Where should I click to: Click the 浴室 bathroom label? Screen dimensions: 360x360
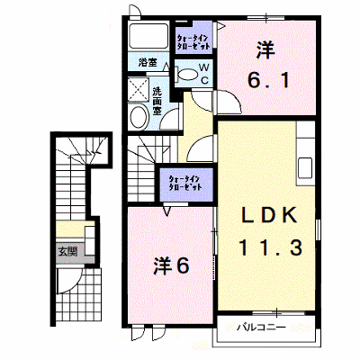[148, 62]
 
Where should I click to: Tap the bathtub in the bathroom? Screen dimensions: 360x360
[148, 35]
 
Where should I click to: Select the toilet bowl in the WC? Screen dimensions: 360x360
[187, 74]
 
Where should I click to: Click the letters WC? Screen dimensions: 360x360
[204, 74]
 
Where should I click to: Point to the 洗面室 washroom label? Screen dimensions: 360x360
[157, 101]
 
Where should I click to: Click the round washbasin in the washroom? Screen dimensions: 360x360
[139, 117]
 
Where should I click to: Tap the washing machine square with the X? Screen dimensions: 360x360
[139, 90]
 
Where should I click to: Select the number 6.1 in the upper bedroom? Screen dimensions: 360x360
[268, 80]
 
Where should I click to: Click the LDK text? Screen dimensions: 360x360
[269, 215]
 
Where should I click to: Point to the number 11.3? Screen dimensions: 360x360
[270, 247]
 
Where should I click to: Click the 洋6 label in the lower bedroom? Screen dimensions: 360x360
[171, 265]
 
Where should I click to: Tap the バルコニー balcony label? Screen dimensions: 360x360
[260, 327]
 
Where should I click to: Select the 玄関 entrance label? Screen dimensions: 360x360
[67, 251]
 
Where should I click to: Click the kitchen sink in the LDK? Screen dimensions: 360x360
[305, 168]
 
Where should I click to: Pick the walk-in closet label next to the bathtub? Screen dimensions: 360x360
[193, 43]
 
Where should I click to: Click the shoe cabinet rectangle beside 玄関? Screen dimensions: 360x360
[90, 240]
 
